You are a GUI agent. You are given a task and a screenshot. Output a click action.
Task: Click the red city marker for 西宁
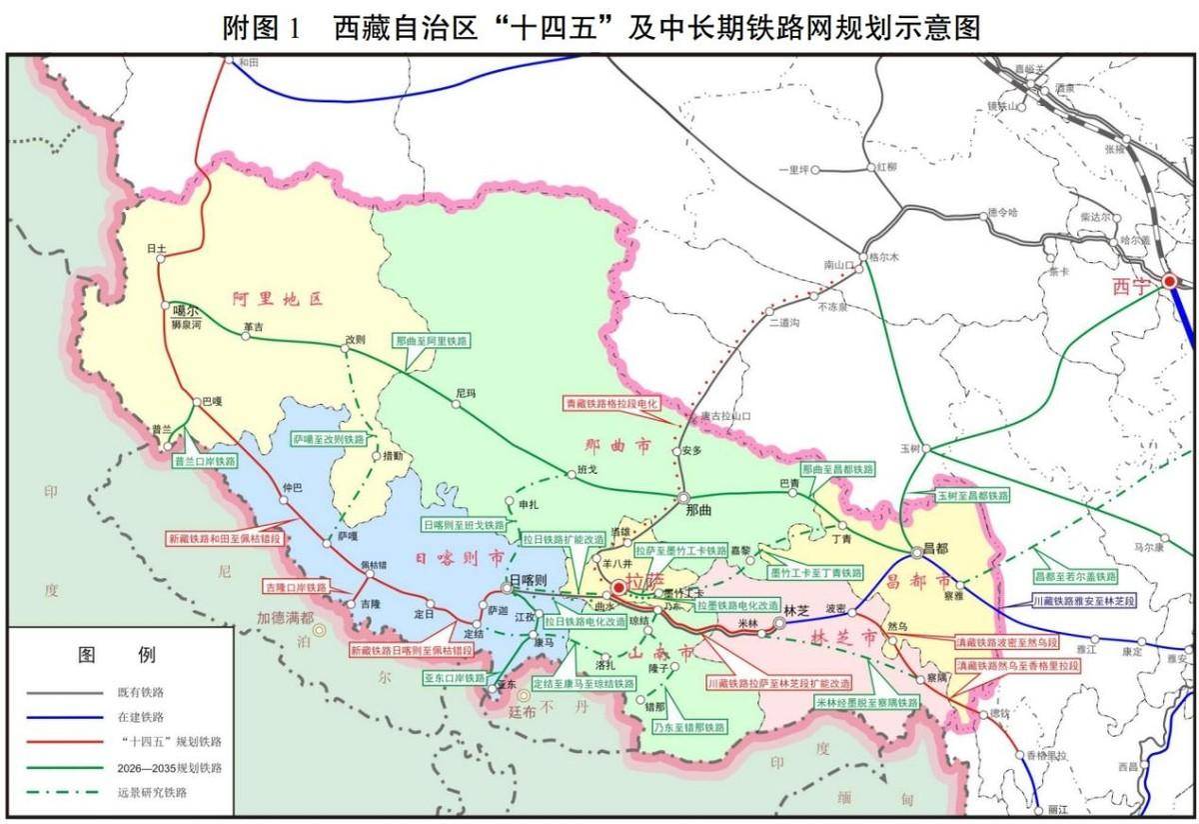tap(1169, 282)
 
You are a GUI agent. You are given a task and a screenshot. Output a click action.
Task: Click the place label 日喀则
tap(529, 581)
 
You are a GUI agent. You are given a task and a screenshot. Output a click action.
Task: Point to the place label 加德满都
tap(285, 617)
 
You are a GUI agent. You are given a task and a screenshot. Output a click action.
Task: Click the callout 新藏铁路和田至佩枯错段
tap(225, 538)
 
